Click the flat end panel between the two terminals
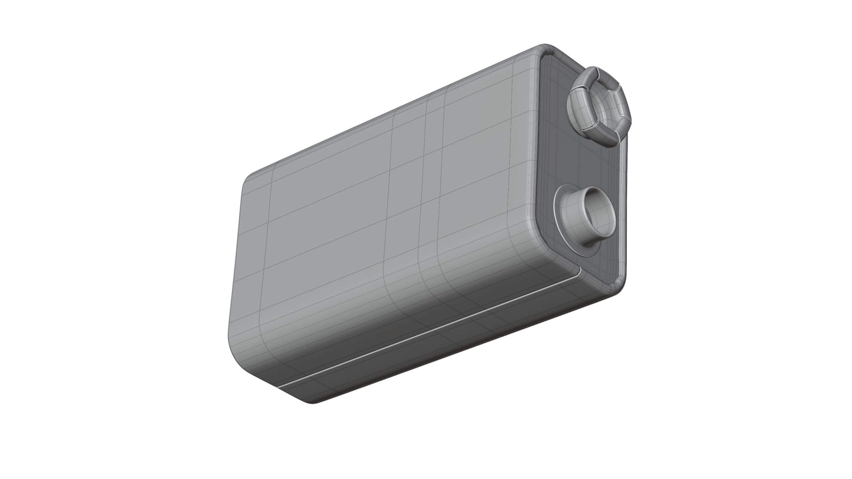(582, 163)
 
